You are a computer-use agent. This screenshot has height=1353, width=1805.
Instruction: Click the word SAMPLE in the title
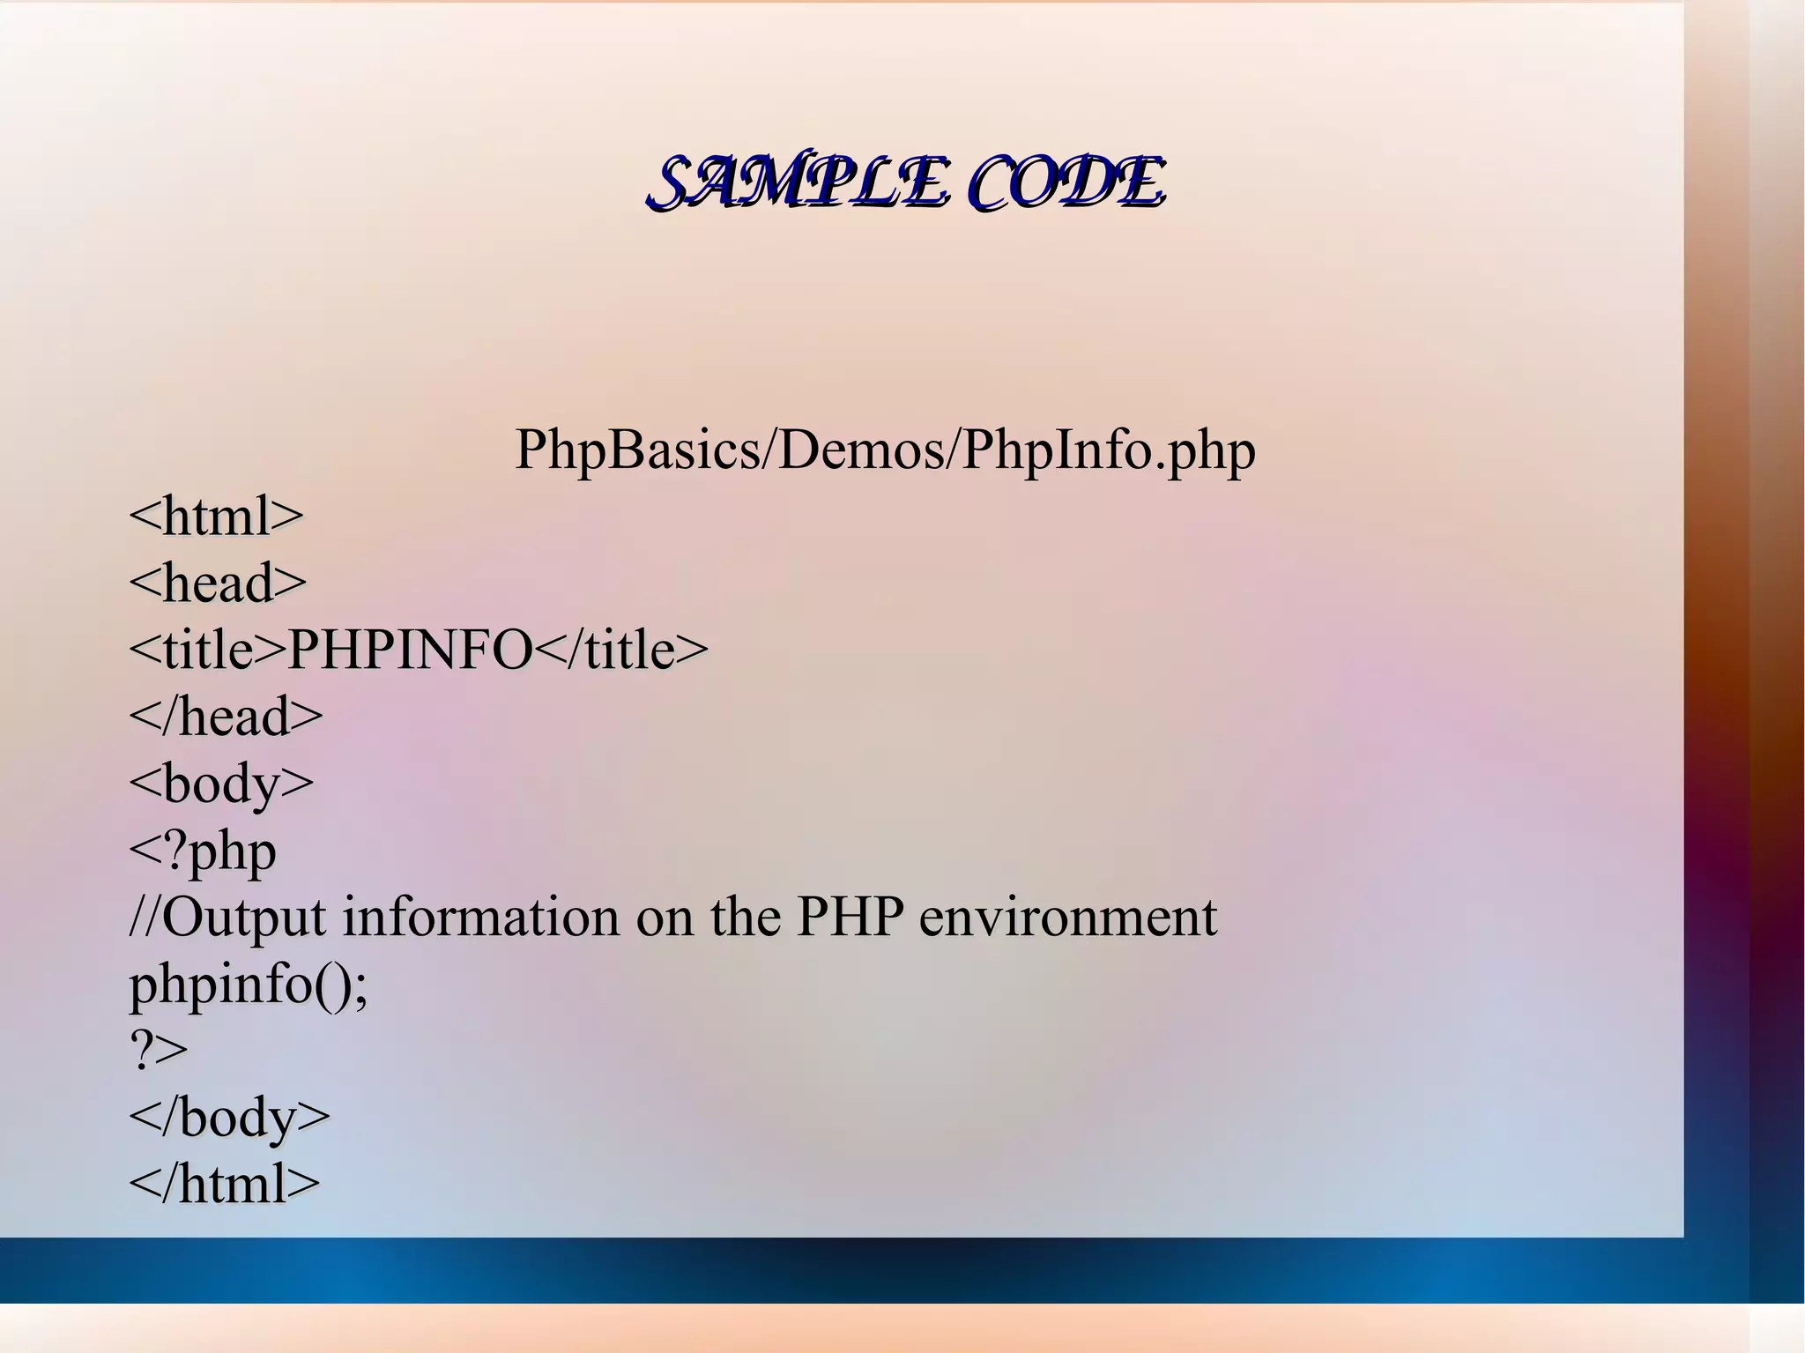pyautogui.click(x=799, y=183)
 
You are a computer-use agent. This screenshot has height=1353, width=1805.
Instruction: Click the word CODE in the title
pyautogui.click(x=1066, y=183)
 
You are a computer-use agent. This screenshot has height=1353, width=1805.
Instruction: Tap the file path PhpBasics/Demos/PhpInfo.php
pyautogui.click(x=885, y=450)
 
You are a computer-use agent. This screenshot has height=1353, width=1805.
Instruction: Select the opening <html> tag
pyautogui.click(x=216, y=517)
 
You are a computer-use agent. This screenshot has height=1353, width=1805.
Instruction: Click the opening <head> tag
pyautogui.click(x=218, y=584)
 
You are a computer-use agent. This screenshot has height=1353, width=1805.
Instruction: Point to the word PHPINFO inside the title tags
pyautogui.click(x=411, y=650)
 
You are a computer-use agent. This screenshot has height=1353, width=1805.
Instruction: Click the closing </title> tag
pyautogui.click(x=621, y=650)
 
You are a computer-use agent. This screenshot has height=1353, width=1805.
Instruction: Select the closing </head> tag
pyautogui.click(x=226, y=717)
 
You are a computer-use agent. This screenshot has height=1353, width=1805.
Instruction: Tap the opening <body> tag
pyautogui.click(x=221, y=784)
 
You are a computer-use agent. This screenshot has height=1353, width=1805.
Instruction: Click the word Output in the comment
pyautogui.click(x=243, y=918)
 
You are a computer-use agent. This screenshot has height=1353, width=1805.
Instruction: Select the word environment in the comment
pyautogui.click(x=1067, y=918)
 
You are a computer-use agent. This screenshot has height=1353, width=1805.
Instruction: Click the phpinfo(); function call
pyautogui.click(x=249, y=985)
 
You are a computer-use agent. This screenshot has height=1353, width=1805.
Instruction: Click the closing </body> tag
pyautogui.click(x=229, y=1118)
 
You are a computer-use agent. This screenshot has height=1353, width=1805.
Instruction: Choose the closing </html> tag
pyautogui.click(x=224, y=1184)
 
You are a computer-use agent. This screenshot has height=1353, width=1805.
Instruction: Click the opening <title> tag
pyautogui.click(x=208, y=650)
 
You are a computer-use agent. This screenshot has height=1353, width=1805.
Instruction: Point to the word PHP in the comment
pyautogui.click(x=850, y=918)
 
